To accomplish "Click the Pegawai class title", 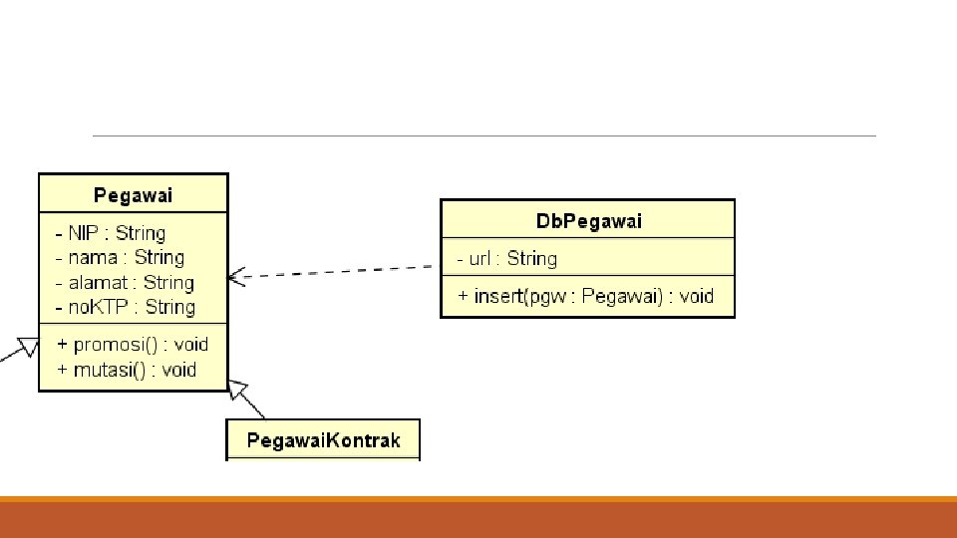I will pos(133,195).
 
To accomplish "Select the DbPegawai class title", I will pos(588,221).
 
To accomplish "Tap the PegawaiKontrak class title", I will pos(323,440).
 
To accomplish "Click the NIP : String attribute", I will pos(111,233).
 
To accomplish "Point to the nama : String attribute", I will pos(120,257).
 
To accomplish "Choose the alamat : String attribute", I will pos(125,283).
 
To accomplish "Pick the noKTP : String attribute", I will pos(125,307).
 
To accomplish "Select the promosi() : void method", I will pos(133,344).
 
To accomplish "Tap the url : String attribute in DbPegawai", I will pos(507,259).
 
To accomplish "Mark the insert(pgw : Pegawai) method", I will pos(587,296).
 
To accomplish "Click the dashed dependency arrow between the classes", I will pos(339,272).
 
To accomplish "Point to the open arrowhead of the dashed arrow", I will pos(235,277).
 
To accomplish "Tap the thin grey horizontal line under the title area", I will pos(483,135).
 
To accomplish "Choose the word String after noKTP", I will pos(169,307).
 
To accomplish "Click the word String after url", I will pos(531,259).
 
